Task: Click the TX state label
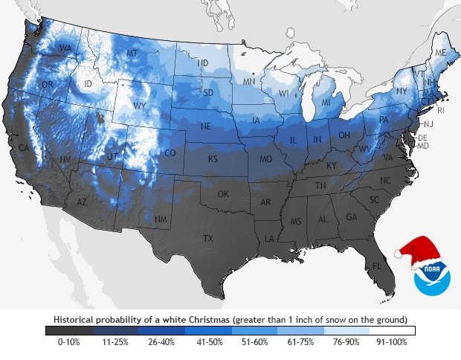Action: tap(208, 238)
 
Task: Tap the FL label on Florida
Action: tap(377, 266)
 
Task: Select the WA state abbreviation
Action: tap(65, 49)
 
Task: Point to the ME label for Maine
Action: tap(440, 54)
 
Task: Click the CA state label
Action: tap(24, 148)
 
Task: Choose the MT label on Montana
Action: tap(132, 54)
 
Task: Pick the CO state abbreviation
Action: tap(170, 153)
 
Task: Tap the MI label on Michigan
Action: tap(325, 102)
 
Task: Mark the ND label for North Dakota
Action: tap(202, 63)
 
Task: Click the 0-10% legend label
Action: tap(68, 342)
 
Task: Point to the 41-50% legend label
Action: tap(207, 342)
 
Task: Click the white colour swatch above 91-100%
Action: tap(391, 330)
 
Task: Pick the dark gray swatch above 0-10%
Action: tap(68, 330)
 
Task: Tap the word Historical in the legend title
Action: tap(74, 319)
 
